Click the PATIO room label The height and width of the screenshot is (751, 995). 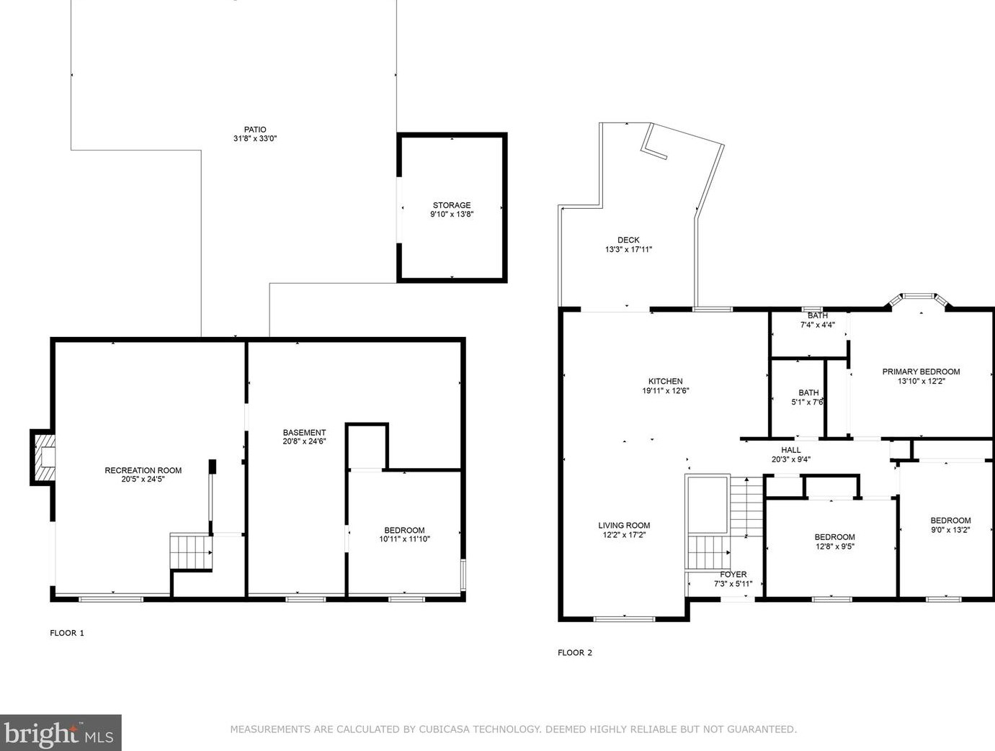(x=255, y=130)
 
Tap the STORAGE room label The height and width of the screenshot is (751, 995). (x=452, y=205)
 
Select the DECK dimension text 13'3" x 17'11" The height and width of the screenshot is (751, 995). (x=628, y=249)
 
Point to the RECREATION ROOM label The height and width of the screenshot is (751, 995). (x=143, y=470)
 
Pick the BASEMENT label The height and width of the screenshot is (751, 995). (x=304, y=433)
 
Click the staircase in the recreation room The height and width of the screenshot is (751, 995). (x=191, y=552)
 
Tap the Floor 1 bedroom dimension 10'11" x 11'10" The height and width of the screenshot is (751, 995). (x=404, y=539)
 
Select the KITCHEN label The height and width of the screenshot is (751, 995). (x=666, y=382)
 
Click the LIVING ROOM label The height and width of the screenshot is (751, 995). (x=624, y=526)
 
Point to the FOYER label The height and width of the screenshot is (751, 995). (x=733, y=575)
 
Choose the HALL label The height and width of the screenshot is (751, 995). (x=791, y=450)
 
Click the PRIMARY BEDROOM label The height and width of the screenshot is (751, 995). (x=921, y=372)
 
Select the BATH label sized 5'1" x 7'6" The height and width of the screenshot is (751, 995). (x=808, y=392)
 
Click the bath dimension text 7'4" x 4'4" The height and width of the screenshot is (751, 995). (x=817, y=324)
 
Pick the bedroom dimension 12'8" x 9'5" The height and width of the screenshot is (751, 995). (x=834, y=547)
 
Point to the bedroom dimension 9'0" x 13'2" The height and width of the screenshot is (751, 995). (x=950, y=529)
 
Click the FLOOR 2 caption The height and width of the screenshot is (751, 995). (x=575, y=652)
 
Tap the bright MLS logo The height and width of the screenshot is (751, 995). (x=61, y=733)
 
